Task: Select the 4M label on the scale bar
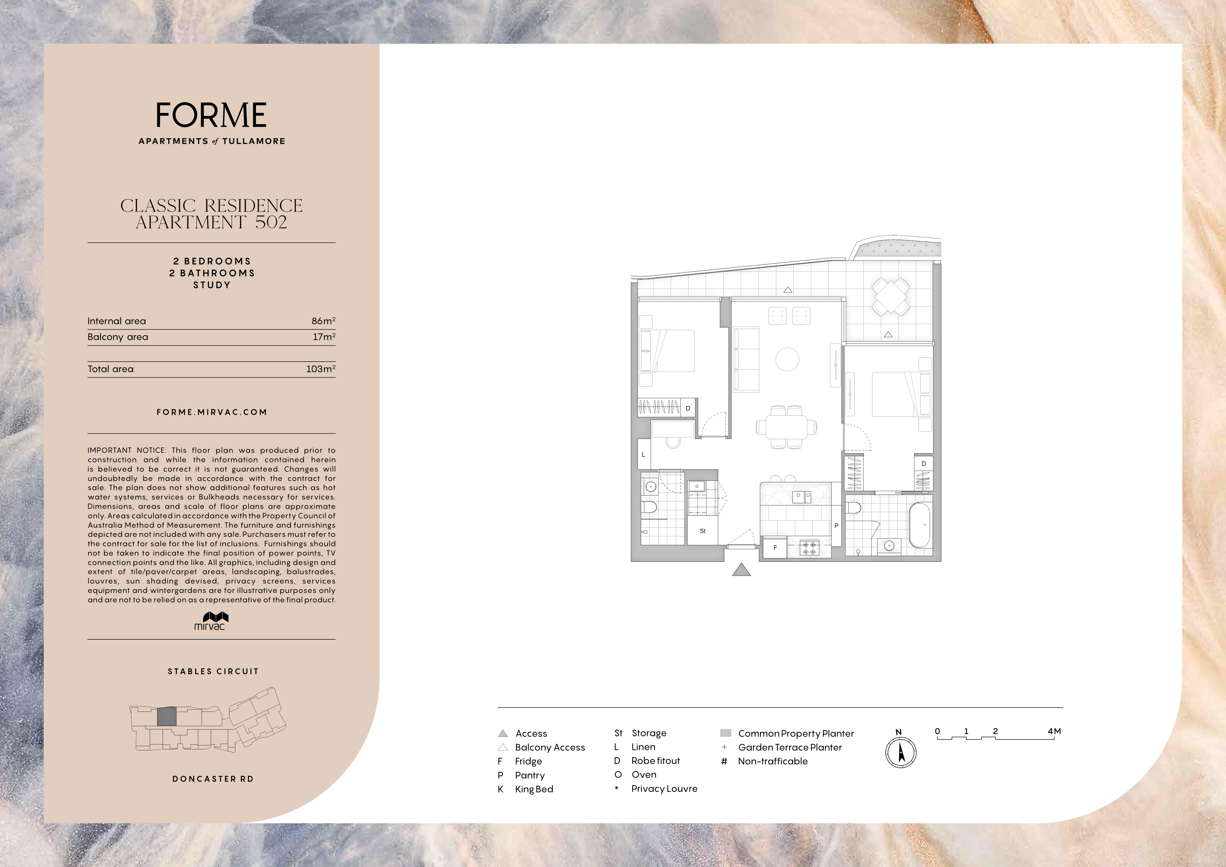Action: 1054,731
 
